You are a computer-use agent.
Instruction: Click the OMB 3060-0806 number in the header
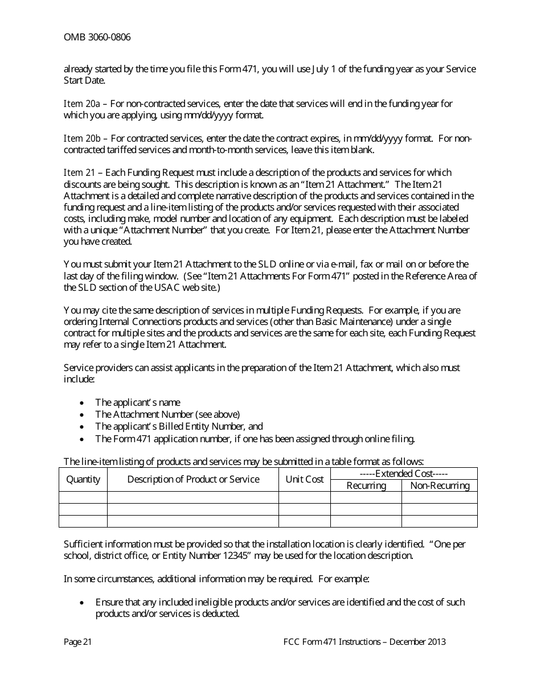[x=97, y=38]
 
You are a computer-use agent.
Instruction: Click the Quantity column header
[x=83, y=479]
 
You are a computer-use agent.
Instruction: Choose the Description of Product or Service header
[x=193, y=479]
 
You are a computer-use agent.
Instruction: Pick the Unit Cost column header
[x=305, y=479]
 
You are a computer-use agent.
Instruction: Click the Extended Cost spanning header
[x=404, y=473]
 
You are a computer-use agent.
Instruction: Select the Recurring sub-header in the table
[x=366, y=485]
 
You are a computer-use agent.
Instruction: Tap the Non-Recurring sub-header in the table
[x=440, y=485]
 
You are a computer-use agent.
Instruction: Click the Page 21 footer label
[x=78, y=642]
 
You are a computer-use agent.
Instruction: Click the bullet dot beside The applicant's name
[x=83, y=403]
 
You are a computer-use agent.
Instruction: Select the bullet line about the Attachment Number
[x=167, y=414]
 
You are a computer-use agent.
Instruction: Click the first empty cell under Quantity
[x=83, y=497]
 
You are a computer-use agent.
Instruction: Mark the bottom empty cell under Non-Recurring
[x=440, y=521]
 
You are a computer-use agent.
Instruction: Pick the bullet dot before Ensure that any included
[x=83, y=603]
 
